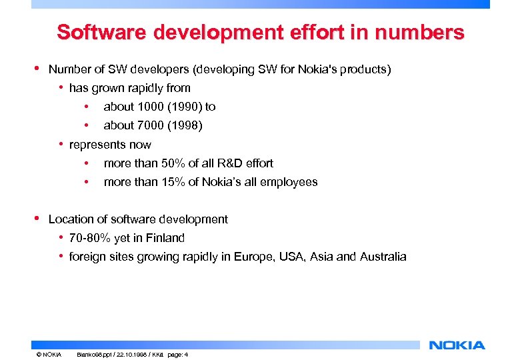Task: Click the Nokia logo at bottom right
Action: point(457,345)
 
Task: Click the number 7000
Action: point(151,125)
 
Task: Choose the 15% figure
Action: point(175,182)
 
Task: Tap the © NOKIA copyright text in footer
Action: point(49,355)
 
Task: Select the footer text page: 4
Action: point(178,355)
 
